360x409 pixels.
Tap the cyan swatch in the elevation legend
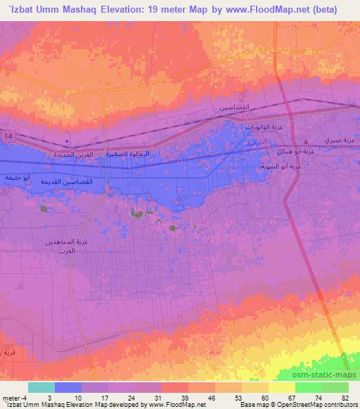pos(41,387)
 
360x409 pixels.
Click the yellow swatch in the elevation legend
pos(281,387)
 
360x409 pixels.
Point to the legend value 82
pos(344,398)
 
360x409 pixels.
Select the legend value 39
pos(183,398)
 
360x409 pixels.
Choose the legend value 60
pos(264,398)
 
